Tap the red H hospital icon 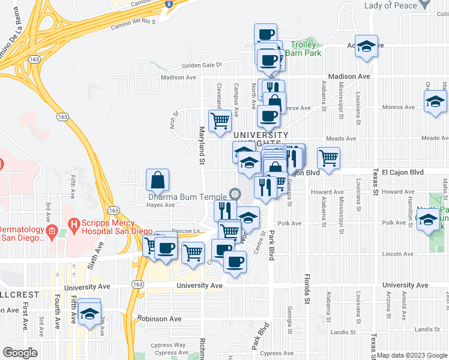click(x=74, y=226)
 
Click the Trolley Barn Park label click(x=306, y=49)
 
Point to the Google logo click(x=20, y=353)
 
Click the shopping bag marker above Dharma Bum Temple click(x=157, y=180)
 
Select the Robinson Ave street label click(x=159, y=319)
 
